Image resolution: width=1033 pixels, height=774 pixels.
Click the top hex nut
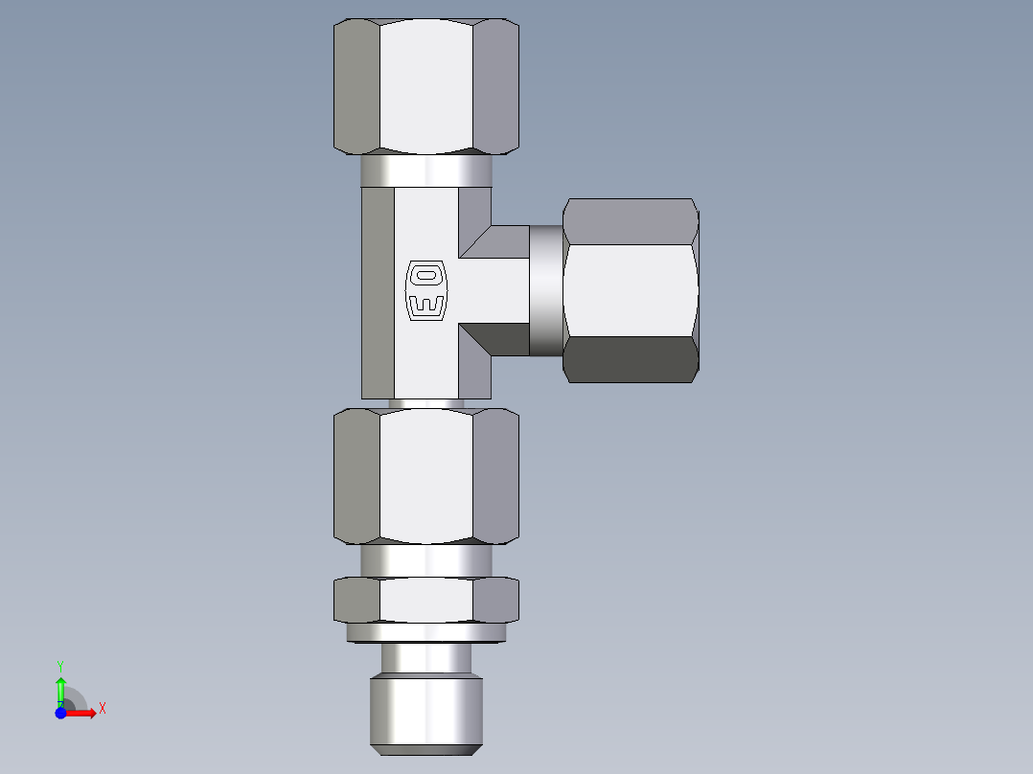(425, 86)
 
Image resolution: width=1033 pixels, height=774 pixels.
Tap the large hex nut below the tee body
(425, 476)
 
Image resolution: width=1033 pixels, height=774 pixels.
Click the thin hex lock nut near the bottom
(425, 600)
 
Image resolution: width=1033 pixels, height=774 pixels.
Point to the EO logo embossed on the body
(426, 290)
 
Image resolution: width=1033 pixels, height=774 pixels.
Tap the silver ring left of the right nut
(546, 290)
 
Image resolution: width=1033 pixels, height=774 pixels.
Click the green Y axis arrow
(60, 688)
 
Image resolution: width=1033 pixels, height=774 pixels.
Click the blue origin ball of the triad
(60, 713)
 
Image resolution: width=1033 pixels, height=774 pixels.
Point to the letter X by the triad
(103, 709)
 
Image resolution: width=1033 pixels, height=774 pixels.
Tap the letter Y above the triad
(60, 665)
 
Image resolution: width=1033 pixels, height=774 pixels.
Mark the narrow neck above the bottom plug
(425, 658)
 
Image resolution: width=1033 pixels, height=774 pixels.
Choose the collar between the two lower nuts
(425, 559)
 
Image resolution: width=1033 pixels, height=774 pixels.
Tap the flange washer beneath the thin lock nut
(425, 632)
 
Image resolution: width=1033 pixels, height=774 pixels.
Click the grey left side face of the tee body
(378, 292)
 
